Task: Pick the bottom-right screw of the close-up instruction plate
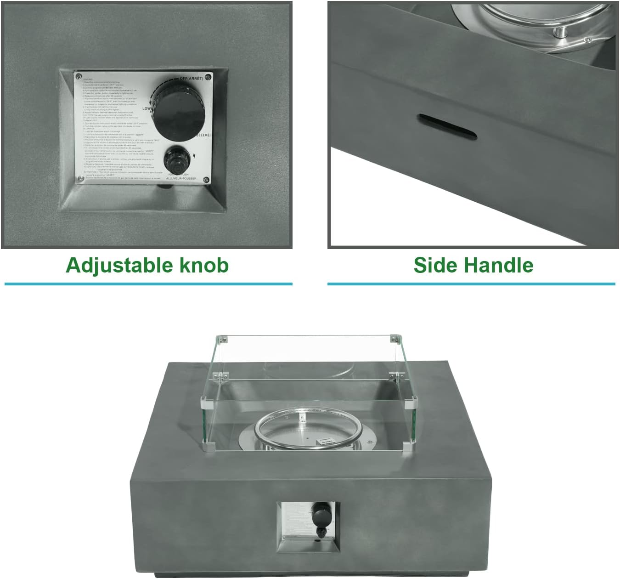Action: point(206,180)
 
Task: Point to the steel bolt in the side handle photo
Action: point(560,31)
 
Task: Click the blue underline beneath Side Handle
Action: point(471,284)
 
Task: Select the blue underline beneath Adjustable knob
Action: point(148,284)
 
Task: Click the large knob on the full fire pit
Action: point(318,511)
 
